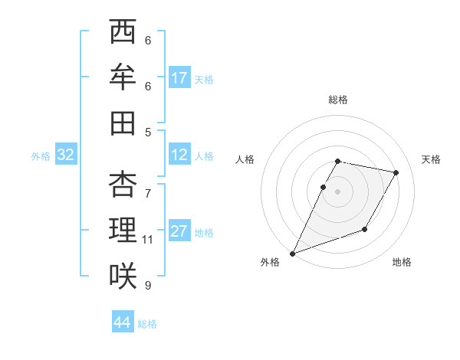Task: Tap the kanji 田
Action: (x=123, y=123)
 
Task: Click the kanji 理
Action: (x=123, y=230)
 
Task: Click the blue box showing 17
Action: (x=179, y=78)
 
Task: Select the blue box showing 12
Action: (x=179, y=155)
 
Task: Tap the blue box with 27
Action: (x=179, y=231)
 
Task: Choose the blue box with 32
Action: (x=66, y=155)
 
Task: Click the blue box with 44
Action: (x=123, y=322)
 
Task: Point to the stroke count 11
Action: (x=148, y=240)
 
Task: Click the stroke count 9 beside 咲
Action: (x=148, y=286)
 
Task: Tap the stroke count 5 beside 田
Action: (x=148, y=132)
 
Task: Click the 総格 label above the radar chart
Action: (x=338, y=100)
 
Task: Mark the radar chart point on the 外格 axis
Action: (x=292, y=253)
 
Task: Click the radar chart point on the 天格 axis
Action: (x=396, y=173)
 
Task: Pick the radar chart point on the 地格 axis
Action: (x=365, y=229)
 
